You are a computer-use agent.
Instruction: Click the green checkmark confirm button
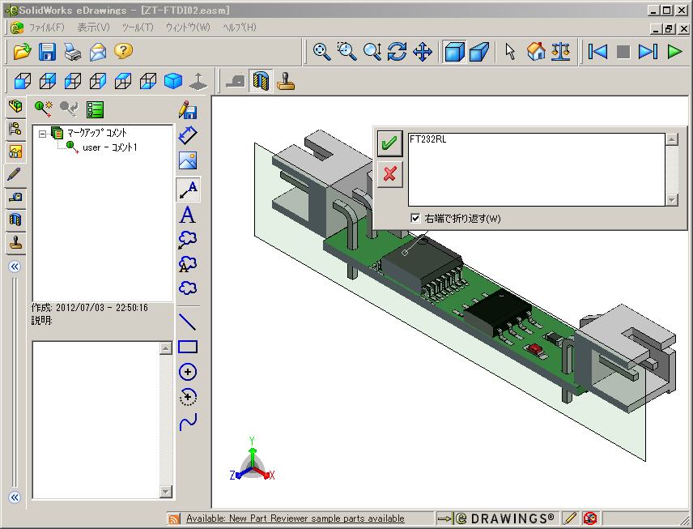tap(389, 143)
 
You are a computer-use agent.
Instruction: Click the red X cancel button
tap(389, 173)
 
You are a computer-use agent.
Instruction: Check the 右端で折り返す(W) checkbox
tap(415, 218)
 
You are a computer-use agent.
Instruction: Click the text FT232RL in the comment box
tap(427, 139)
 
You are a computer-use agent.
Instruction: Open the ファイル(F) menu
tap(46, 28)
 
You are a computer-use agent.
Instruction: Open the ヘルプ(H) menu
tap(239, 28)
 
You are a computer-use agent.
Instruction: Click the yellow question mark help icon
tap(122, 52)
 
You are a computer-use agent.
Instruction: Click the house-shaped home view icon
tap(536, 52)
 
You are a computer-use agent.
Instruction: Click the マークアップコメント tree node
tap(96, 132)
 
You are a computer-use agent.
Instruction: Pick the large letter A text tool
tap(188, 215)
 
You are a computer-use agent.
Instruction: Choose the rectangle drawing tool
tap(188, 347)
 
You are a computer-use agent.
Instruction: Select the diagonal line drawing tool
tap(188, 321)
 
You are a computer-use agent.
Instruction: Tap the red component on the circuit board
tap(534, 348)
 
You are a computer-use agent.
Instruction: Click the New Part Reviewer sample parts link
tap(295, 518)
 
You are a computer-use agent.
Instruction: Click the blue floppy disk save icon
tap(48, 52)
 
